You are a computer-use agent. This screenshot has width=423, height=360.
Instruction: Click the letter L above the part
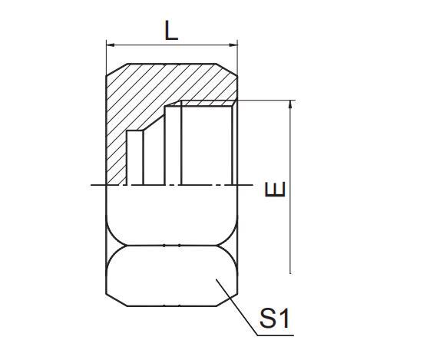(x=170, y=30)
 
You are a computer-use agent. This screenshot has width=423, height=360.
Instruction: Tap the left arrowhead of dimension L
(x=109, y=44)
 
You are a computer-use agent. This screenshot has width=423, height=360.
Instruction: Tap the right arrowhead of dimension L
(x=233, y=44)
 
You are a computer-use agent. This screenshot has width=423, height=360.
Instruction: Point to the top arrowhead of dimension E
(x=290, y=104)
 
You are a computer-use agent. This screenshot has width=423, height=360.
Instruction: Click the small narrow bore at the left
(x=134, y=157)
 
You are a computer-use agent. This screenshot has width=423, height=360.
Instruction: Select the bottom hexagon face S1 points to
(x=170, y=276)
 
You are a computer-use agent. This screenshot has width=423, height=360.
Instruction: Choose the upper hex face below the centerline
(x=170, y=215)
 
